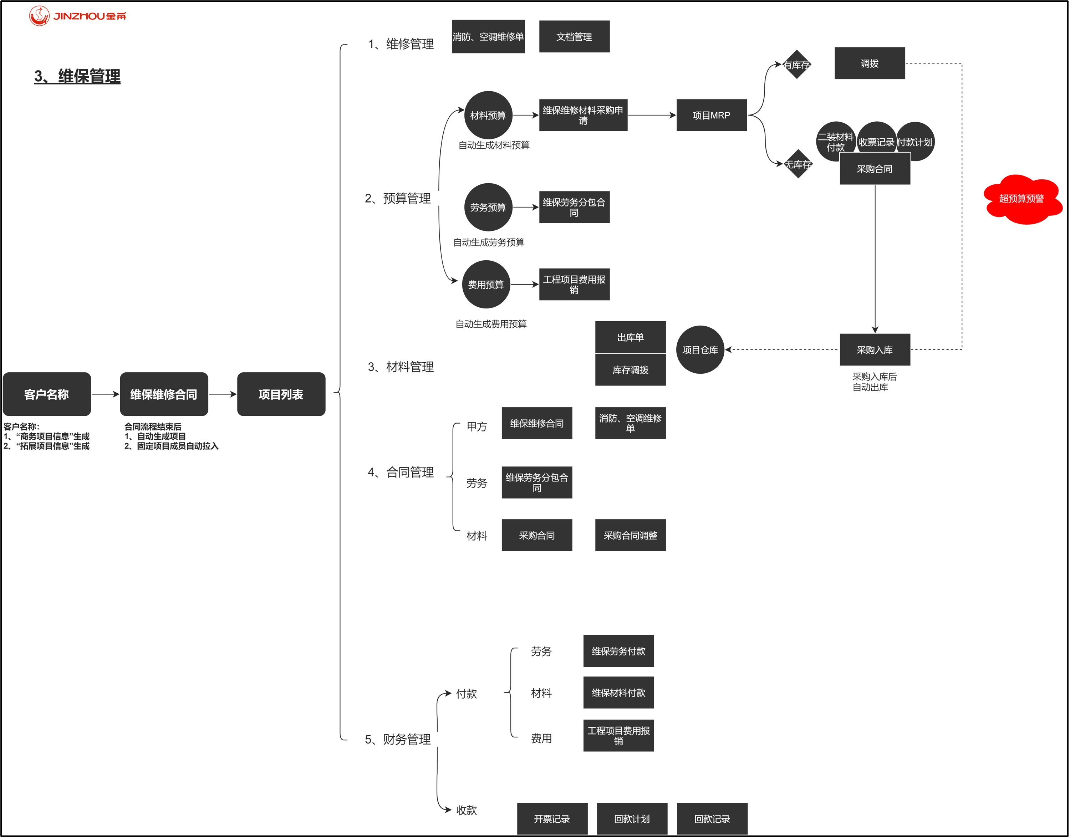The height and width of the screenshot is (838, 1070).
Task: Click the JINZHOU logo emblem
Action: [39, 16]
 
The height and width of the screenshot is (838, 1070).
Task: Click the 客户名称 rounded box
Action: [47, 394]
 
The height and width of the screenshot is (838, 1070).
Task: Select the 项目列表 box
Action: [281, 394]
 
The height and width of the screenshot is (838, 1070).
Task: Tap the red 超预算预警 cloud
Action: [1022, 199]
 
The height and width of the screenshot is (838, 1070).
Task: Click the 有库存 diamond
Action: [797, 64]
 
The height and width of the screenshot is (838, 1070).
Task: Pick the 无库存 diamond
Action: [798, 164]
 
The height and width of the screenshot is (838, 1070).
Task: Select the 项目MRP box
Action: [711, 115]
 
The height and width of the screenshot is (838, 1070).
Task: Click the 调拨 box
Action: [869, 63]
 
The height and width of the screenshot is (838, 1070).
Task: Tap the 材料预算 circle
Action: [488, 115]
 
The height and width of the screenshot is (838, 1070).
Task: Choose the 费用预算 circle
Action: [486, 285]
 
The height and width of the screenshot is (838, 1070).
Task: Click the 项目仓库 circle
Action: [700, 350]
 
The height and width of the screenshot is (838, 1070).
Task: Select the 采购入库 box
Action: [875, 350]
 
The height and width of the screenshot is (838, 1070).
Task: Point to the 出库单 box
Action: [631, 337]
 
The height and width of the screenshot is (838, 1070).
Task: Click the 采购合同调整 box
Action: [631, 535]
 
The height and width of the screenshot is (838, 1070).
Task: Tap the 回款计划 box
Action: [632, 819]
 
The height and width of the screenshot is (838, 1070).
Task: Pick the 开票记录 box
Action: [552, 819]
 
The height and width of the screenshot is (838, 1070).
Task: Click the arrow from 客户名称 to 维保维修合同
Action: [105, 394]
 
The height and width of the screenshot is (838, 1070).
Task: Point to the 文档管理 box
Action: [574, 37]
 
